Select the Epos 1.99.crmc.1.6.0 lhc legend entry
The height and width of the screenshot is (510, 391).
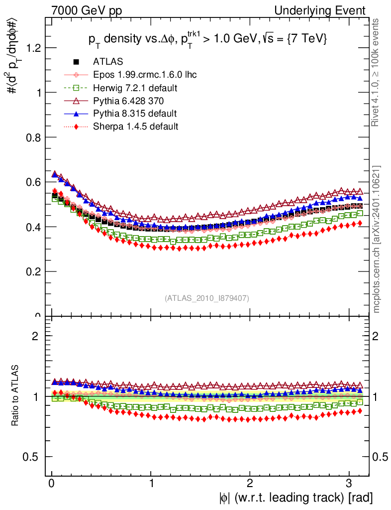145,75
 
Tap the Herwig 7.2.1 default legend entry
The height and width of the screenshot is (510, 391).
135,88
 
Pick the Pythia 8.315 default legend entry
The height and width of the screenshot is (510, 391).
135,114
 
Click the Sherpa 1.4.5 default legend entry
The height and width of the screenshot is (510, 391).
135,127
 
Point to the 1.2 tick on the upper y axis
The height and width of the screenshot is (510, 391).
33,48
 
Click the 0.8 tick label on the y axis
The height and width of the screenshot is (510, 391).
33,137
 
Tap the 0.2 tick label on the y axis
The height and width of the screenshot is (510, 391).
33,272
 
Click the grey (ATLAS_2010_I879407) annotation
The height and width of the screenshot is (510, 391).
207,298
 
